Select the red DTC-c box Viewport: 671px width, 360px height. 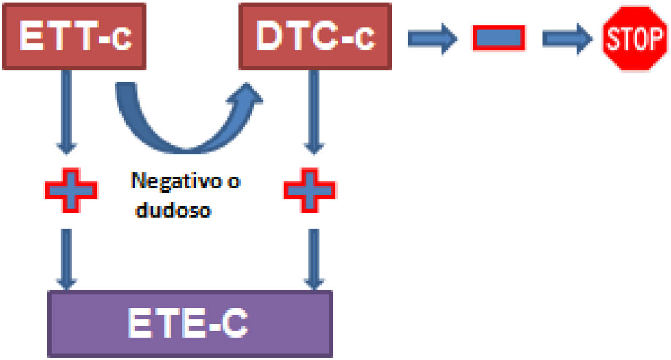315,36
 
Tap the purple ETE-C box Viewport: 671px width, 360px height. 190,324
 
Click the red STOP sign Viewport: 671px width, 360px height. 635,38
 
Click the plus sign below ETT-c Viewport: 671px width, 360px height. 70,190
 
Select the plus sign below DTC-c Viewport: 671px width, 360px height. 309,190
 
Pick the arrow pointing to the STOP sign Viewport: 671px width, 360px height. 568,38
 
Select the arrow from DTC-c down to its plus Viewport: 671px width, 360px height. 315,112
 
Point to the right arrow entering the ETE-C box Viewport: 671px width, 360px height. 315,259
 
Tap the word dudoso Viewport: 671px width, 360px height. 173,210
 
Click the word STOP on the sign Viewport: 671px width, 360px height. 635,39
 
